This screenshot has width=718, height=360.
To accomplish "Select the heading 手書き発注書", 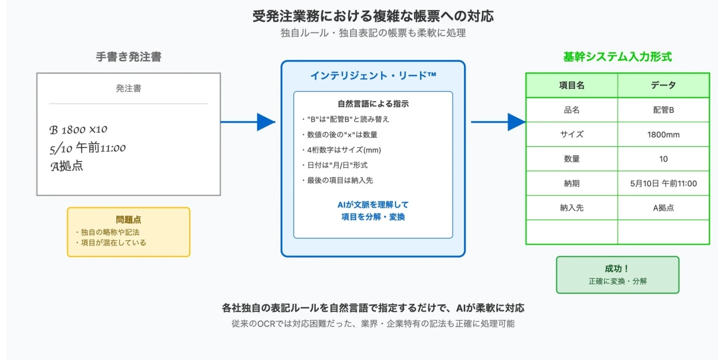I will pyautogui.click(x=128, y=57).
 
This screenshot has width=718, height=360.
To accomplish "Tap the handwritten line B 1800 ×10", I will pyautogui.click(x=79, y=129).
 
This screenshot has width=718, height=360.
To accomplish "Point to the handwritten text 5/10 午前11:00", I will pyautogui.click(x=88, y=148).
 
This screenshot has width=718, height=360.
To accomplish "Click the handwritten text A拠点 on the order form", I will pyautogui.click(x=67, y=167).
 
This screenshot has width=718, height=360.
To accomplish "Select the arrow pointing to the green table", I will pyautogui.click(x=497, y=122).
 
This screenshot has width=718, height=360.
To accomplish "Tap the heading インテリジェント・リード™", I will pyautogui.click(x=373, y=75).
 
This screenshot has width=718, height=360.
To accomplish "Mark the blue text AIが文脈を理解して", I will pyautogui.click(x=373, y=205).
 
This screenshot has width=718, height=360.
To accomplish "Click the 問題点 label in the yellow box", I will pyautogui.click(x=128, y=220).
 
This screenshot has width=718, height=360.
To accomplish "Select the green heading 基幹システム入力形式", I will pyautogui.click(x=617, y=57).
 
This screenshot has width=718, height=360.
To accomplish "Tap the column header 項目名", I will pyautogui.click(x=571, y=86).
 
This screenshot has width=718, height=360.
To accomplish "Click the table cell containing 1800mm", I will pyautogui.click(x=663, y=135).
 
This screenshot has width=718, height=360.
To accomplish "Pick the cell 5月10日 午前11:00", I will pyautogui.click(x=663, y=183).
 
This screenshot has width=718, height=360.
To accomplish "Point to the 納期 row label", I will pyautogui.click(x=571, y=183).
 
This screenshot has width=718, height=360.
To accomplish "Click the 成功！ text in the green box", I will pyautogui.click(x=617, y=269).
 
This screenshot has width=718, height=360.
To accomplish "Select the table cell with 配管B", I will pyautogui.click(x=663, y=110).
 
